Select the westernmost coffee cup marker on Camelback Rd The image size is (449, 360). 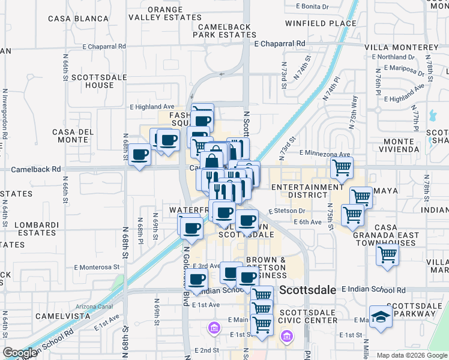point(140,155)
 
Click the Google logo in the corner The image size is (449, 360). point(20,353)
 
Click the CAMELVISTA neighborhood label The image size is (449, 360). point(58,316)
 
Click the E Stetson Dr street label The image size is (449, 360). point(287,211)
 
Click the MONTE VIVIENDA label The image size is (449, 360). point(409,145)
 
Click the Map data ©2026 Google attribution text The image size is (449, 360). point(411,355)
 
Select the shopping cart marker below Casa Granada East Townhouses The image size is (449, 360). point(387,254)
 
